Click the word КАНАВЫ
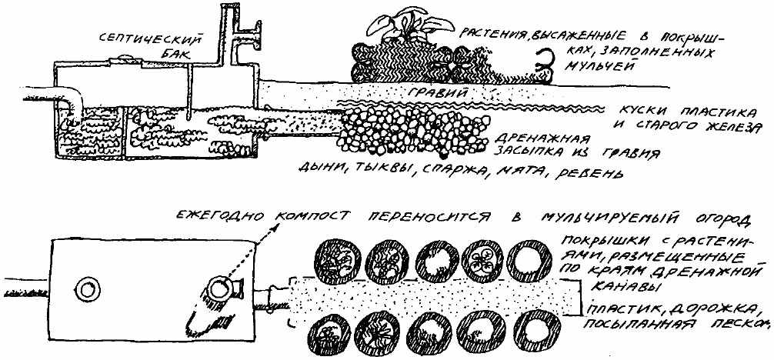[x=612, y=285]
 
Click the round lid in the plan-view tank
[x=87, y=288]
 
